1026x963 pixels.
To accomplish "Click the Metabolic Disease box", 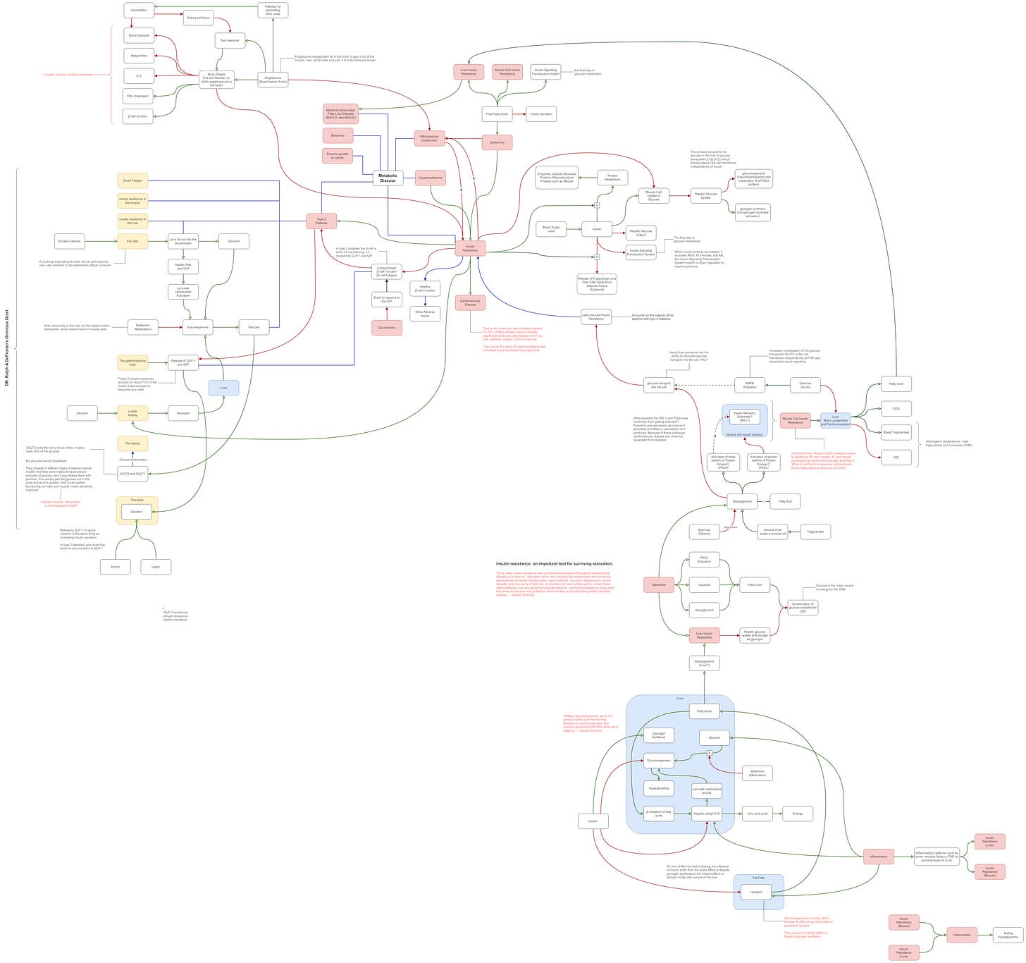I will [x=388, y=178].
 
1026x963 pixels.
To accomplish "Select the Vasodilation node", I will [x=139, y=10].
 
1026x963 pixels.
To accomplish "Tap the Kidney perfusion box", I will [x=198, y=18].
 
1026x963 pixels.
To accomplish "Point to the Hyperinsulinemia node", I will [x=431, y=178].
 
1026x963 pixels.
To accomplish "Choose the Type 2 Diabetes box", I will [x=321, y=221].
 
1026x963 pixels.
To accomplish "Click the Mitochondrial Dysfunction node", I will [x=429, y=138].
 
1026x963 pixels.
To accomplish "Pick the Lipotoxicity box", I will [x=497, y=142].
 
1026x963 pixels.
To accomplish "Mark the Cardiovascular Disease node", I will [x=470, y=302].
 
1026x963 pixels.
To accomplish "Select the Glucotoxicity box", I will [x=387, y=327].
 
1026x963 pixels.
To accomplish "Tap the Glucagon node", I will [x=183, y=413].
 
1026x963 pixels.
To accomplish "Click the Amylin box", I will [x=115, y=566].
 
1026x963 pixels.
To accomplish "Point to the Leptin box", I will [x=156, y=566].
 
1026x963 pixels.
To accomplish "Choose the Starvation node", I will [x=659, y=584].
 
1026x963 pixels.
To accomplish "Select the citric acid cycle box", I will [x=757, y=814].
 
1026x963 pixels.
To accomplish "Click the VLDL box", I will [x=896, y=408].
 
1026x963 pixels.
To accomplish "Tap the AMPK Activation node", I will [x=749, y=385].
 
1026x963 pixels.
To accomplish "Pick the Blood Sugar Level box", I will [x=551, y=229].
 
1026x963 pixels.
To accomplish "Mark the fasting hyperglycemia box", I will [x=1007, y=936].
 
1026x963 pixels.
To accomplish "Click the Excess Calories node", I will [x=69, y=241].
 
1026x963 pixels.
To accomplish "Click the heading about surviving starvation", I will [x=554, y=563].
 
